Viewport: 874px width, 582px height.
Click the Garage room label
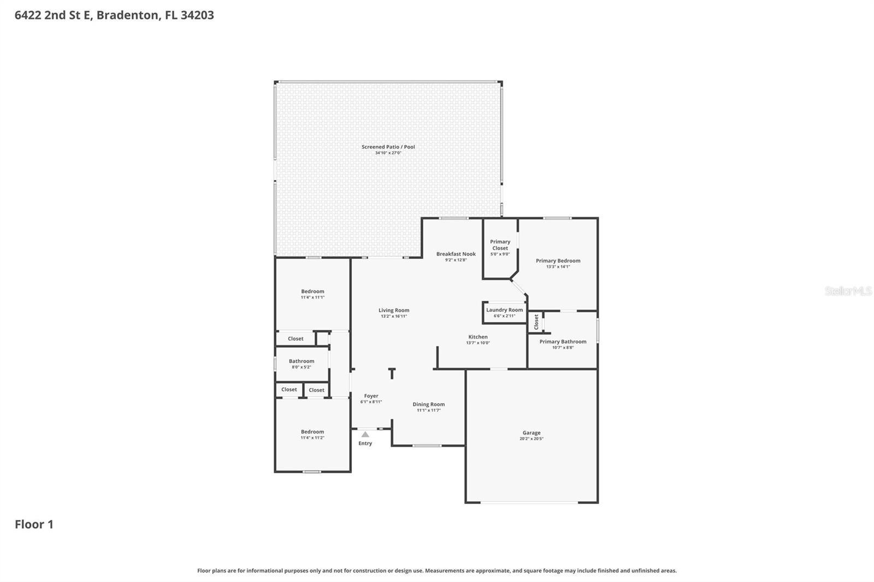531,433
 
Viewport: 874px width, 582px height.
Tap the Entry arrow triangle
365,435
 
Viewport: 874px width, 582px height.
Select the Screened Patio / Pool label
388,147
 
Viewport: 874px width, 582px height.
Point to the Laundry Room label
504,310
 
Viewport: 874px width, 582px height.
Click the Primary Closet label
500,245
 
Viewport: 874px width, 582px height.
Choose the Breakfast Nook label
456,254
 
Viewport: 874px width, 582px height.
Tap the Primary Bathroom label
563,342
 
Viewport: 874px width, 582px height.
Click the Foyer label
371,396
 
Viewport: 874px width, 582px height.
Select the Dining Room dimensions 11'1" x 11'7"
428,411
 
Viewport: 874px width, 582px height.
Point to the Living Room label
394,310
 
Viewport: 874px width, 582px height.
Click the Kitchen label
477,337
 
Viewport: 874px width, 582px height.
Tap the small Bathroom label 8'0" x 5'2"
302,361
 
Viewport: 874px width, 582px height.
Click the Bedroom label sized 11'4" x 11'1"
312,292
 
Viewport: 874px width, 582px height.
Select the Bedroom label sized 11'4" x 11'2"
312,432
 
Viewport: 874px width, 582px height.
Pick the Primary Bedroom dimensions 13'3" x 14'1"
558,267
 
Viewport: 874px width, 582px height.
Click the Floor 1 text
34,524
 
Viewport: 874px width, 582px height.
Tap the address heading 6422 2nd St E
114,15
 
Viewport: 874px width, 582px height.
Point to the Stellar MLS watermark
848,291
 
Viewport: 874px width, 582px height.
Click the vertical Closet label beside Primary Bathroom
536,322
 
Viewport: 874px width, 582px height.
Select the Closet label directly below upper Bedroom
296,338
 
